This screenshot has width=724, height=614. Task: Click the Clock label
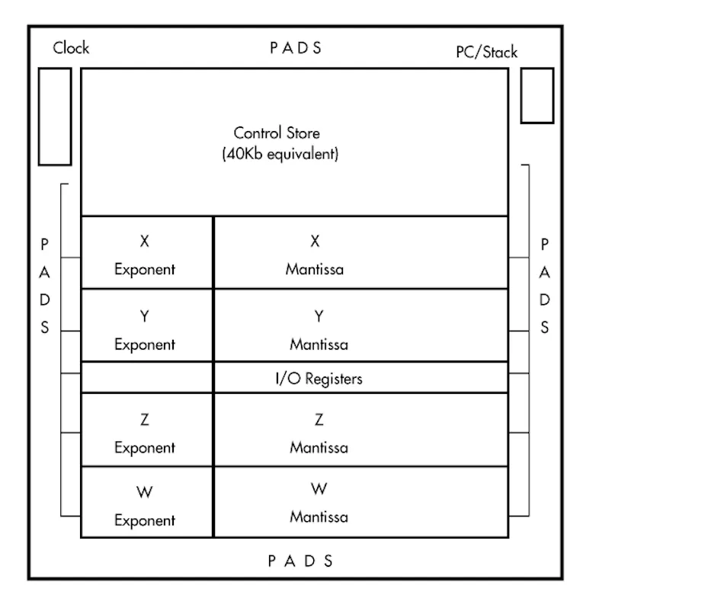(71, 48)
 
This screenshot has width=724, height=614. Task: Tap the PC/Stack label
(486, 52)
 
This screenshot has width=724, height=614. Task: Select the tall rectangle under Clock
(55, 116)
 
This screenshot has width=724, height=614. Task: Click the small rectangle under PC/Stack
(537, 95)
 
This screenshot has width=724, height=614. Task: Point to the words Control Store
(277, 134)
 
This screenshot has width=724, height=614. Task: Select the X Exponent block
(146, 253)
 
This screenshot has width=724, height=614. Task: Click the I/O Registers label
(319, 378)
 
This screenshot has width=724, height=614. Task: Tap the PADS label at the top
(296, 48)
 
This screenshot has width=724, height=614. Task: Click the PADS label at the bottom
(300, 561)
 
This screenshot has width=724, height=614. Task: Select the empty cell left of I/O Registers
(146, 378)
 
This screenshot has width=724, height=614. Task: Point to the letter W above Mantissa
(319, 488)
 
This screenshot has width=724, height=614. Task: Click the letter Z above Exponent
(144, 419)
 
